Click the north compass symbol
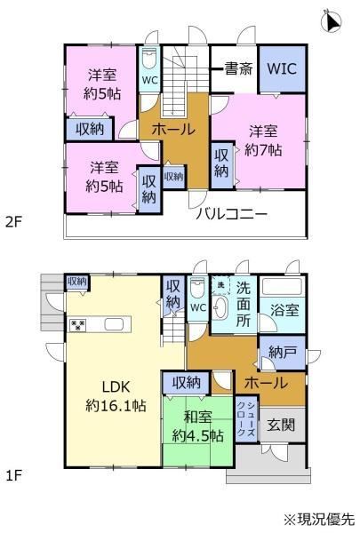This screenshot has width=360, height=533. pos(331,21)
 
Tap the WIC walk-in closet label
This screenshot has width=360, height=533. pos(282,68)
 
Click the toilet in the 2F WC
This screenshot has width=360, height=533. pos(149,60)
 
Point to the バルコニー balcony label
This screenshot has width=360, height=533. pos(231,214)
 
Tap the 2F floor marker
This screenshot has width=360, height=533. pos(13,223)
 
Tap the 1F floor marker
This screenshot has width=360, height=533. pos(13,475)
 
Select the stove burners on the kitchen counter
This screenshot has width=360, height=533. pos(78,325)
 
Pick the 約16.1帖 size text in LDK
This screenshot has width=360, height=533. pos(116,406)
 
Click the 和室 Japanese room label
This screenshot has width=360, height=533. pos(197,418)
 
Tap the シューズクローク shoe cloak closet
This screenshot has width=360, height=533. pos(246,418)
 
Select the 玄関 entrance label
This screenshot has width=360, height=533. pos(281,425)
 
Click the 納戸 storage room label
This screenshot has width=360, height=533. pos(282,352)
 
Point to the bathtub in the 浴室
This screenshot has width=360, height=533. pos(282,287)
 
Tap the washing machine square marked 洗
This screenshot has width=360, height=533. pos(221,285)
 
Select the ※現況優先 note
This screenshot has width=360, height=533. pos(319,519)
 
